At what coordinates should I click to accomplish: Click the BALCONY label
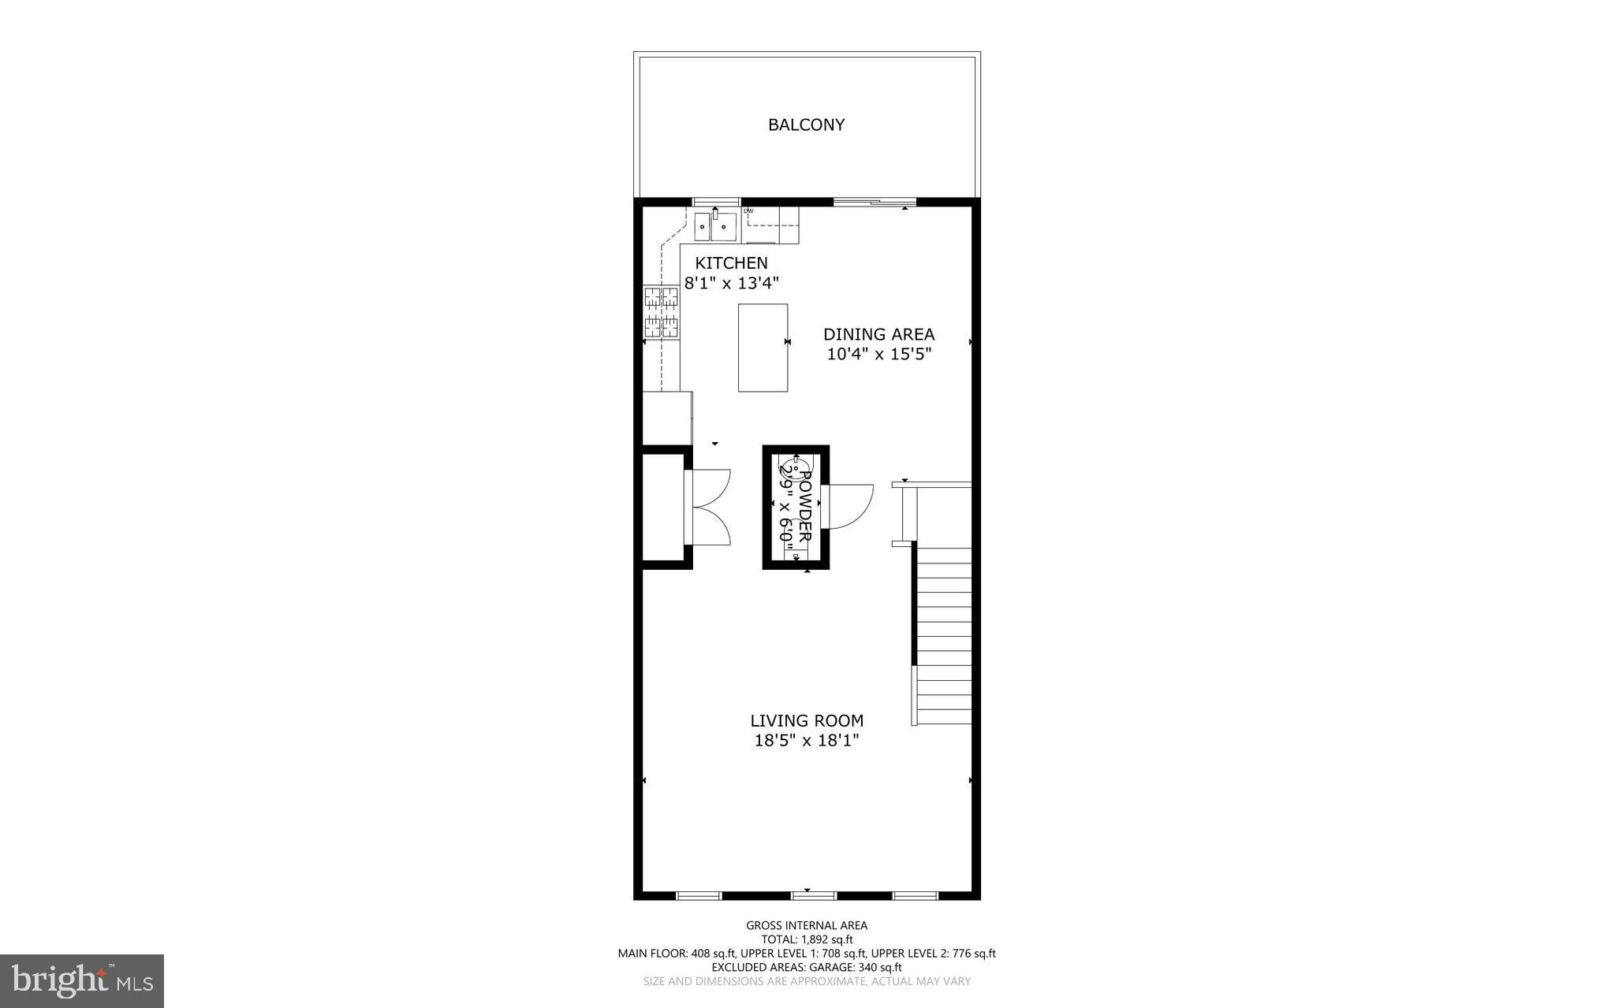806,125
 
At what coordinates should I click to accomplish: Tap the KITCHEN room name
731,263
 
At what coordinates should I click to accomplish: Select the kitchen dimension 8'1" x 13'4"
731,283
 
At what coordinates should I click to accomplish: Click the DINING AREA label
878,334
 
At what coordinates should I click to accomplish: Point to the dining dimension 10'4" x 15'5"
878,354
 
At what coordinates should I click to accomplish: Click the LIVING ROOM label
806,720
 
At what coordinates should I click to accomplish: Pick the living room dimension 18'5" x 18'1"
806,740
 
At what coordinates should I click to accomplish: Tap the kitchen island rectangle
763,348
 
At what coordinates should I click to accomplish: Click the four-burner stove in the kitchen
662,312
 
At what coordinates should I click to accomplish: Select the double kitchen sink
715,227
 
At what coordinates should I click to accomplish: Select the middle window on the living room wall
814,895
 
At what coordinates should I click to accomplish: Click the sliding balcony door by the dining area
874,203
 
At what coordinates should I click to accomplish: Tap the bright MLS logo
82,980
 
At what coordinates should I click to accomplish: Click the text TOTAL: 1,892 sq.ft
807,939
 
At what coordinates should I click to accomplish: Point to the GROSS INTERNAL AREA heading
807,925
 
